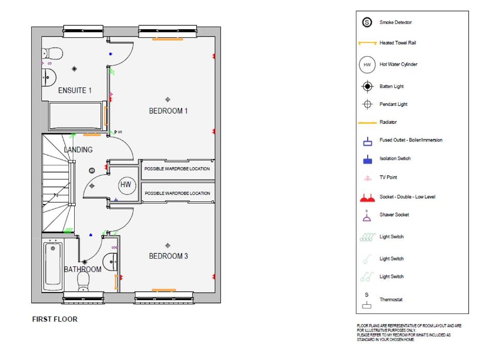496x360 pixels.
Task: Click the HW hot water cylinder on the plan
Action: [127, 185]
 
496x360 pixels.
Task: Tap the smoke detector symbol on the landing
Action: [92, 171]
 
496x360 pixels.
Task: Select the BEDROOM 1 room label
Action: [168, 111]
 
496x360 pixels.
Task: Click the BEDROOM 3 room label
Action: [168, 256]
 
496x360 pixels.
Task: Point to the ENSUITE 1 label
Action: [75, 91]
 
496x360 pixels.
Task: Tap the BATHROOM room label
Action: [82, 269]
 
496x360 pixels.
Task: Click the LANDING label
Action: [78, 150]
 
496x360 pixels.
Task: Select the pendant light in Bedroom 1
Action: [168, 100]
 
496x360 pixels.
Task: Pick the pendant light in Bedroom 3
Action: [168, 245]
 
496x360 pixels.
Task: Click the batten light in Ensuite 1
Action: [74, 69]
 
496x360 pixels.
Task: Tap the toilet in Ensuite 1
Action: [52, 54]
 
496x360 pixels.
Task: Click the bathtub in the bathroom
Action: [53, 264]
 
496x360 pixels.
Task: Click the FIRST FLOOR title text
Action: [55, 319]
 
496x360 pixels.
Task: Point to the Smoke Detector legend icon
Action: [367, 22]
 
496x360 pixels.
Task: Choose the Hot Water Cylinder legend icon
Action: [367, 64]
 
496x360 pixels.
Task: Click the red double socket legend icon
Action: [367, 198]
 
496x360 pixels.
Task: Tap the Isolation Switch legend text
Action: [395, 159]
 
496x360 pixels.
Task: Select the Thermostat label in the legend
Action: [391, 300]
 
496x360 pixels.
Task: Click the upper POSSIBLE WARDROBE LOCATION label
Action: [177, 169]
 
